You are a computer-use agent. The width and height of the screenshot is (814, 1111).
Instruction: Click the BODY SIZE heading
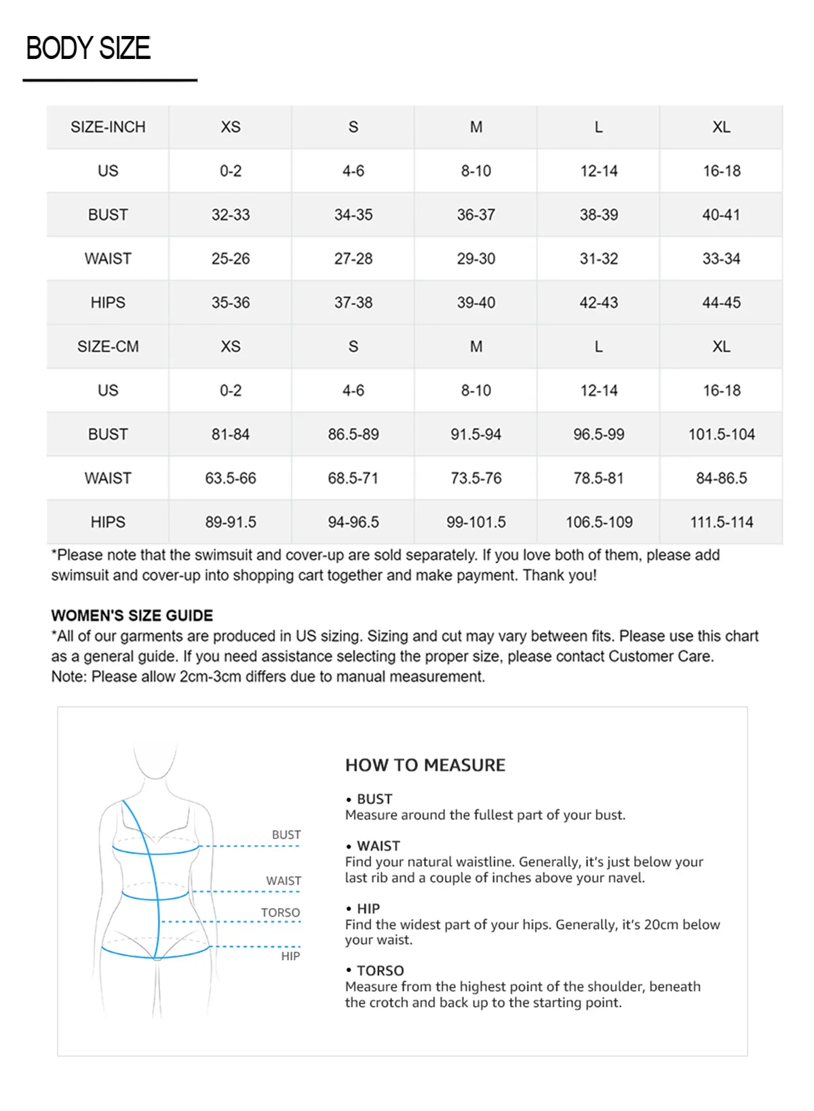click(88, 49)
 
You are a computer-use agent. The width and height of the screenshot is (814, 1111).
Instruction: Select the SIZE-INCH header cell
click(108, 127)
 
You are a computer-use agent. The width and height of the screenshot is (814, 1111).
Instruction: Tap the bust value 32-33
click(231, 215)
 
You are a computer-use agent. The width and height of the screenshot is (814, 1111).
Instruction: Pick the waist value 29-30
click(476, 258)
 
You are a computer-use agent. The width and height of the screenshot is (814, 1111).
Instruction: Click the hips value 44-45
click(721, 303)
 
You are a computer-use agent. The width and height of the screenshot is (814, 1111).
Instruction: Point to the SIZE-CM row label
click(108, 347)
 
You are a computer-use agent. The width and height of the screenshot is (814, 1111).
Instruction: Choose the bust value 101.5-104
click(721, 434)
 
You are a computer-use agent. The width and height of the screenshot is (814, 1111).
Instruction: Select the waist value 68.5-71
click(353, 478)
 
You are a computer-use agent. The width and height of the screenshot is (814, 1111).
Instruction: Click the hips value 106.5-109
click(599, 522)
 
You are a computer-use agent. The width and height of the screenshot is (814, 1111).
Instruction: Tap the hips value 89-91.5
click(231, 522)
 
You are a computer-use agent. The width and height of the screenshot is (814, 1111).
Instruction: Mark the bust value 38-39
click(598, 215)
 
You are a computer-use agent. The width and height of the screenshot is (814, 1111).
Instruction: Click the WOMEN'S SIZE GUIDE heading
click(132, 615)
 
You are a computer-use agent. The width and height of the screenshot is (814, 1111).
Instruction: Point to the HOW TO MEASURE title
click(425, 765)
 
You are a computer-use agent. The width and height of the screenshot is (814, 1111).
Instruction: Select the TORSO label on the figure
click(280, 913)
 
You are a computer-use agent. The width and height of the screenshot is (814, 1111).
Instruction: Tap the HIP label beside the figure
click(290, 956)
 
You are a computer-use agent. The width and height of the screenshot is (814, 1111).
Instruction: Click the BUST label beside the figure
click(286, 835)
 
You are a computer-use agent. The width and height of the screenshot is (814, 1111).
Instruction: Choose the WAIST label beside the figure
click(284, 881)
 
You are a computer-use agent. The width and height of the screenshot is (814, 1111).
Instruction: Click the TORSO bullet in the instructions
click(380, 971)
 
